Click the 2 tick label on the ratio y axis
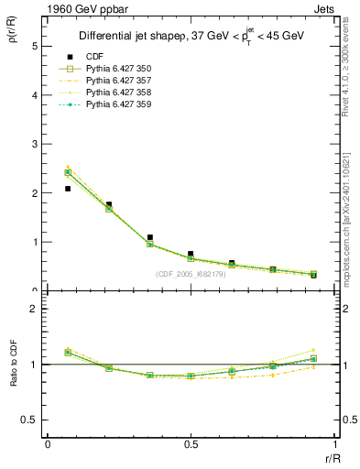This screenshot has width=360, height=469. pos(34,309)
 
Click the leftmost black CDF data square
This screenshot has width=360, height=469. pos(68,189)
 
